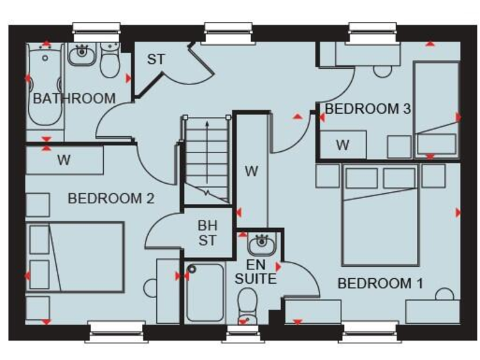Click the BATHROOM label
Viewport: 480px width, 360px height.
(74, 98)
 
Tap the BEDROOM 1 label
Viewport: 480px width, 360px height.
(380, 283)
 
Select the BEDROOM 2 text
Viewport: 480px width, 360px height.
(111, 199)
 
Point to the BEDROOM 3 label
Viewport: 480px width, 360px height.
(367, 109)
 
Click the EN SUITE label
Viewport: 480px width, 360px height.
(256, 272)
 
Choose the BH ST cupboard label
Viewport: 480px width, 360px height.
(207, 232)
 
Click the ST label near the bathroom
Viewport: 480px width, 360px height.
(156, 60)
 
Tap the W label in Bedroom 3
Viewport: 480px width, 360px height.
(342, 146)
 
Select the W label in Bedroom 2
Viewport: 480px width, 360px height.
(64, 160)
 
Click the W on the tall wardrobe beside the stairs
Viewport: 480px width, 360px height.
(251, 171)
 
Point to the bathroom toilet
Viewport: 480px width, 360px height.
(111, 62)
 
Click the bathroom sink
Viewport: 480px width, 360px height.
(81, 57)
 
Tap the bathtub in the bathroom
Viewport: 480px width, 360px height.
(44, 87)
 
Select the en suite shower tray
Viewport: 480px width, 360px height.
(205, 292)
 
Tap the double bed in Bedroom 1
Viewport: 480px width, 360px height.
(380, 219)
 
